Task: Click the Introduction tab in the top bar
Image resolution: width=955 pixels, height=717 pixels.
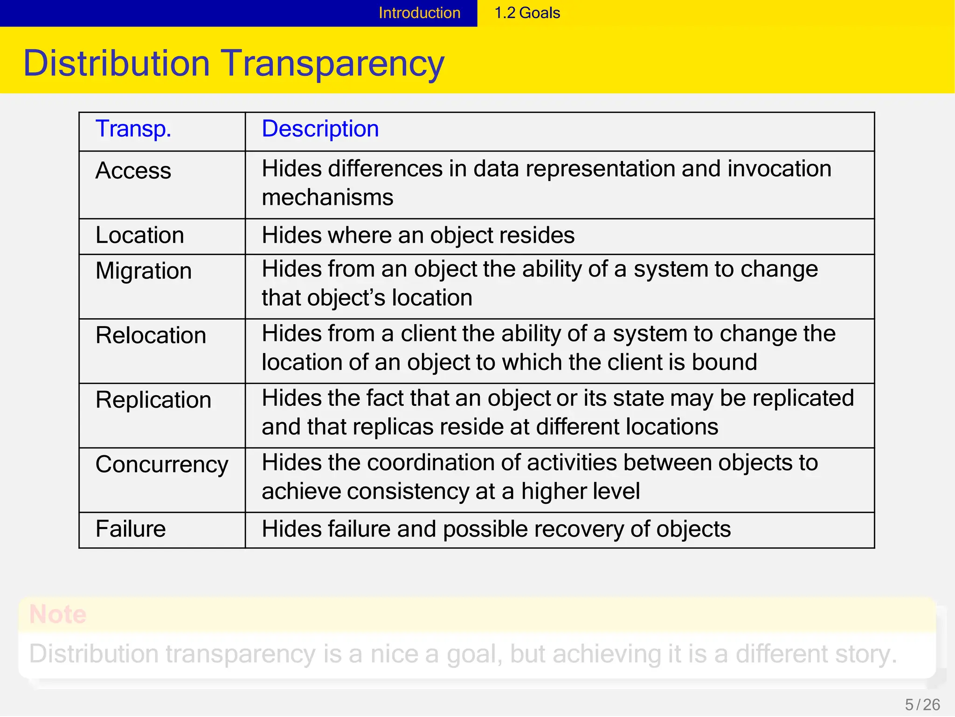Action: point(419,13)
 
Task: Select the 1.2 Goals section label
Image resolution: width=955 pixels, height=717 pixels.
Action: point(527,13)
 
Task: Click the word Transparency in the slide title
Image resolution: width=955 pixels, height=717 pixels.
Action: point(332,63)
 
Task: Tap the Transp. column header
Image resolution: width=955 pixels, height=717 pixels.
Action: point(133,129)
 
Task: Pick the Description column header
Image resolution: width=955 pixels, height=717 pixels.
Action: point(320,129)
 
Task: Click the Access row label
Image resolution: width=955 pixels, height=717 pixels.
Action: point(133,170)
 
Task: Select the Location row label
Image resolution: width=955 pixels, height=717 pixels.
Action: point(139,235)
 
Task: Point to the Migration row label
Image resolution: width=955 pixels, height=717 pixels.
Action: point(144,271)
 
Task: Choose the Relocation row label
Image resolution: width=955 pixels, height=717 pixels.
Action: point(151,335)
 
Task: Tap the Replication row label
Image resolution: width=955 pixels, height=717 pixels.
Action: point(153,400)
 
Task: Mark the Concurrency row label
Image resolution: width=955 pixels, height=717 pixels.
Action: point(162,465)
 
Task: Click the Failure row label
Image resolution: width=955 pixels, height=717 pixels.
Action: point(131,529)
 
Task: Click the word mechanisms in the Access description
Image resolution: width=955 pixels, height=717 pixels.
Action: point(327,197)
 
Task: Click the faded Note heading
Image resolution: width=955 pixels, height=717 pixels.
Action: point(58,614)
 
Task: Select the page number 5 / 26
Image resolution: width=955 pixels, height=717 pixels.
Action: point(922,704)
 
